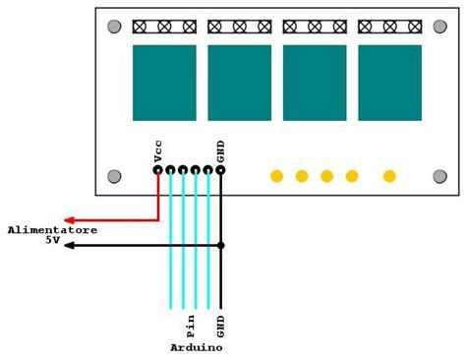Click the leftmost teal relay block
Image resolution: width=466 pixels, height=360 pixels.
[x=164, y=83]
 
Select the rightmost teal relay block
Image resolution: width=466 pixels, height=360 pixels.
[x=389, y=83]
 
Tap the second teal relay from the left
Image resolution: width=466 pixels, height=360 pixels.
[x=239, y=83]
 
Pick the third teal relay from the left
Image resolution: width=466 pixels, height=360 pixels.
[x=315, y=83]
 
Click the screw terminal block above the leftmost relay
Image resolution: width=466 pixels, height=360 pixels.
[x=164, y=27]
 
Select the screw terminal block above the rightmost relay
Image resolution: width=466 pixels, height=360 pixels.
[x=389, y=27]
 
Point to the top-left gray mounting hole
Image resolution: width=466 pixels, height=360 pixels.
[x=114, y=27]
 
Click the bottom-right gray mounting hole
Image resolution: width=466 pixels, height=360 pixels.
[x=439, y=176]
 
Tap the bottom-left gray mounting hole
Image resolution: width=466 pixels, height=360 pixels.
[x=114, y=176]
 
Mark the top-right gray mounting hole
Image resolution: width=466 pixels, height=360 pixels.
[x=439, y=27]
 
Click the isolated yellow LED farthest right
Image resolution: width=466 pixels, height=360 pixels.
[x=389, y=176]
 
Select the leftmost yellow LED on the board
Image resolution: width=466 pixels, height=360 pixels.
[x=276, y=176]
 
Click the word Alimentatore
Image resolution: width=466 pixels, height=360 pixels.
[x=52, y=229]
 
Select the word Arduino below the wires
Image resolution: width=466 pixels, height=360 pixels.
[x=196, y=348]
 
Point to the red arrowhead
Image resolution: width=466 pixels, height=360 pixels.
[x=70, y=220]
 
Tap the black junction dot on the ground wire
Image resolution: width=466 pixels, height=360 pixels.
[x=220, y=245]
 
